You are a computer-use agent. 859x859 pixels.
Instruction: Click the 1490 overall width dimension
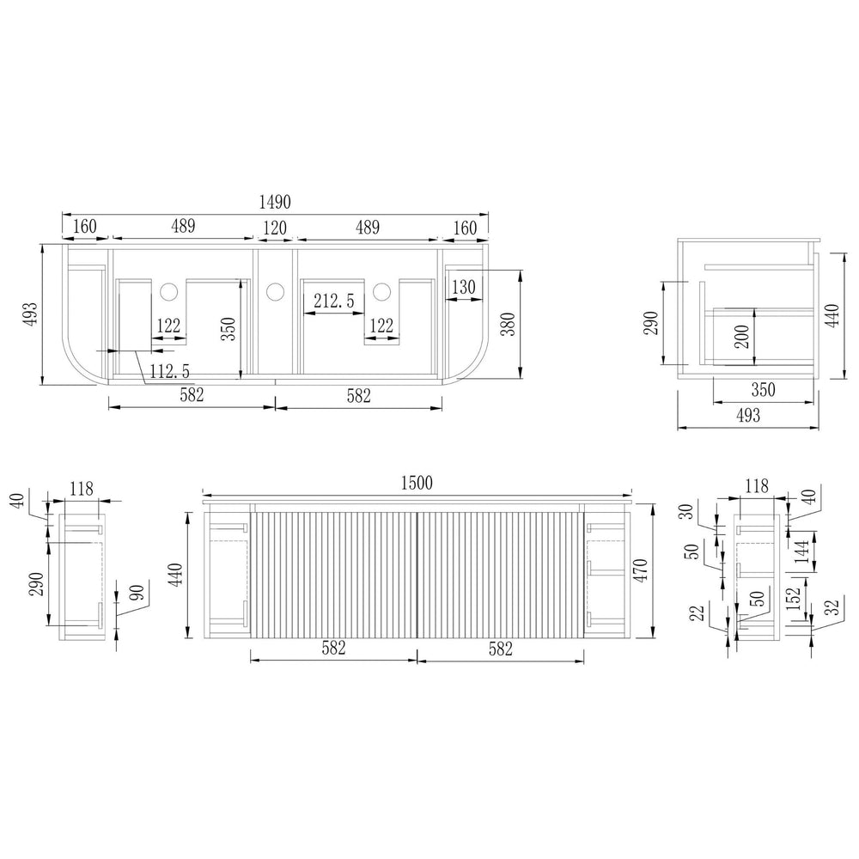click(x=275, y=202)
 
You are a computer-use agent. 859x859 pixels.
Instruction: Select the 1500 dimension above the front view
click(x=417, y=483)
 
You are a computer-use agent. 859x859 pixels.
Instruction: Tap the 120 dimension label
click(x=275, y=228)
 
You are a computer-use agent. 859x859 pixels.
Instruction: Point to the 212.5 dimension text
click(x=334, y=301)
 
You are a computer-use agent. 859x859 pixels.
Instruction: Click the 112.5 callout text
click(x=170, y=371)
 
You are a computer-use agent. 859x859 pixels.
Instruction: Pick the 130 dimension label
click(x=464, y=287)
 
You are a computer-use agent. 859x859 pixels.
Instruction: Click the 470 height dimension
click(x=640, y=570)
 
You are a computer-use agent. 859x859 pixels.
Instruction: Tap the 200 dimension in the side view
click(x=741, y=337)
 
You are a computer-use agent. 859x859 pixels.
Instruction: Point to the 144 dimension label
click(x=801, y=551)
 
